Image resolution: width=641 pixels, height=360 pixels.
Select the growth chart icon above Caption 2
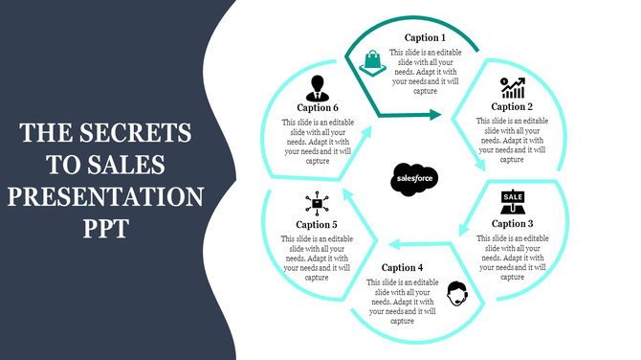tap(513, 88)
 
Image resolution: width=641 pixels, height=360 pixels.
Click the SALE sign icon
tap(513, 202)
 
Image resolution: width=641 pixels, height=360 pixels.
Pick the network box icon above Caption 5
tap(316, 203)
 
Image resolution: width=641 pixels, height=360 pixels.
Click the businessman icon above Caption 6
tap(316, 87)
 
